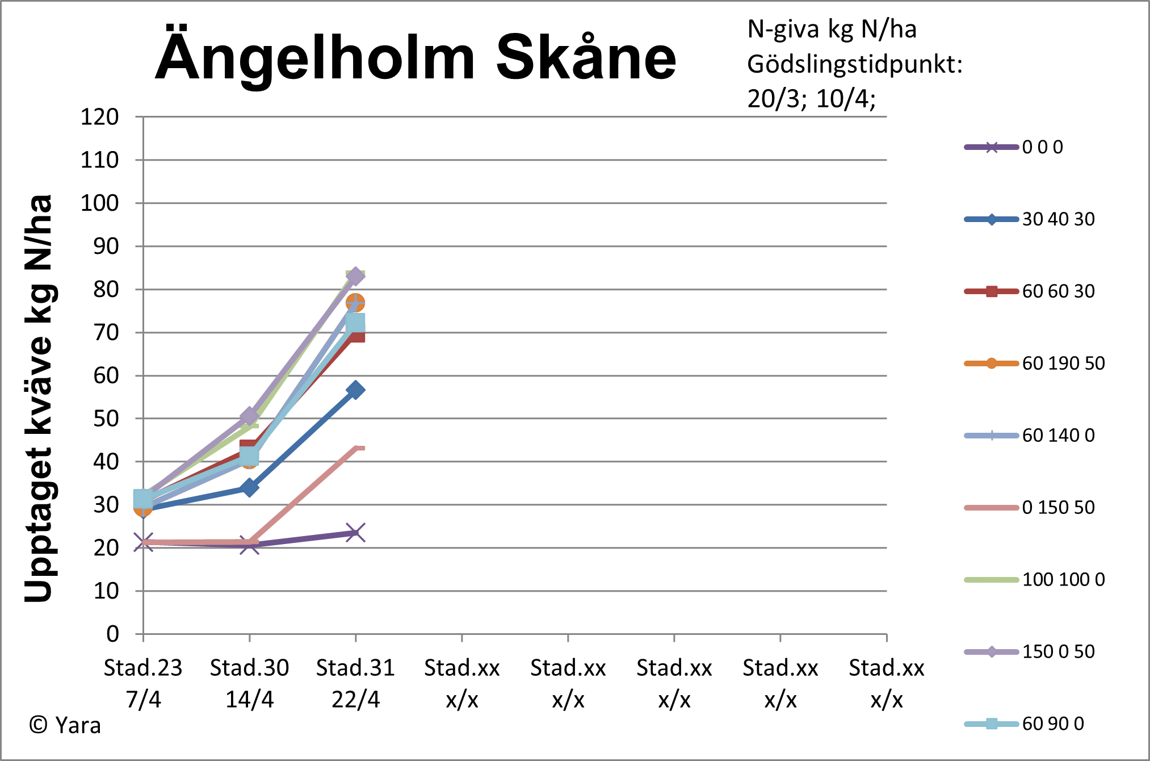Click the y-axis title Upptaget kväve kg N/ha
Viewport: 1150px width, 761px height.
(x=39, y=398)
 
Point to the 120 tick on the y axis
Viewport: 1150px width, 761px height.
(x=99, y=117)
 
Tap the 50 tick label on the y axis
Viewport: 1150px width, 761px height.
(x=106, y=419)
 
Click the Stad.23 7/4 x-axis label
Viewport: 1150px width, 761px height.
(x=143, y=683)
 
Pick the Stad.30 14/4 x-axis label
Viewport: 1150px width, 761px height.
(x=249, y=683)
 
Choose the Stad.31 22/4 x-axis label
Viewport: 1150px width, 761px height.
(x=355, y=683)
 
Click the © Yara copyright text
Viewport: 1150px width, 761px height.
(x=65, y=726)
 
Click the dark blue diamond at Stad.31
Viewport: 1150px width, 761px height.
(x=355, y=390)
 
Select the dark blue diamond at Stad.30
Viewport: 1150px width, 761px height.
(x=249, y=487)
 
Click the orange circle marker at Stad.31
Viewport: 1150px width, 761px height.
(x=355, y=303)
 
